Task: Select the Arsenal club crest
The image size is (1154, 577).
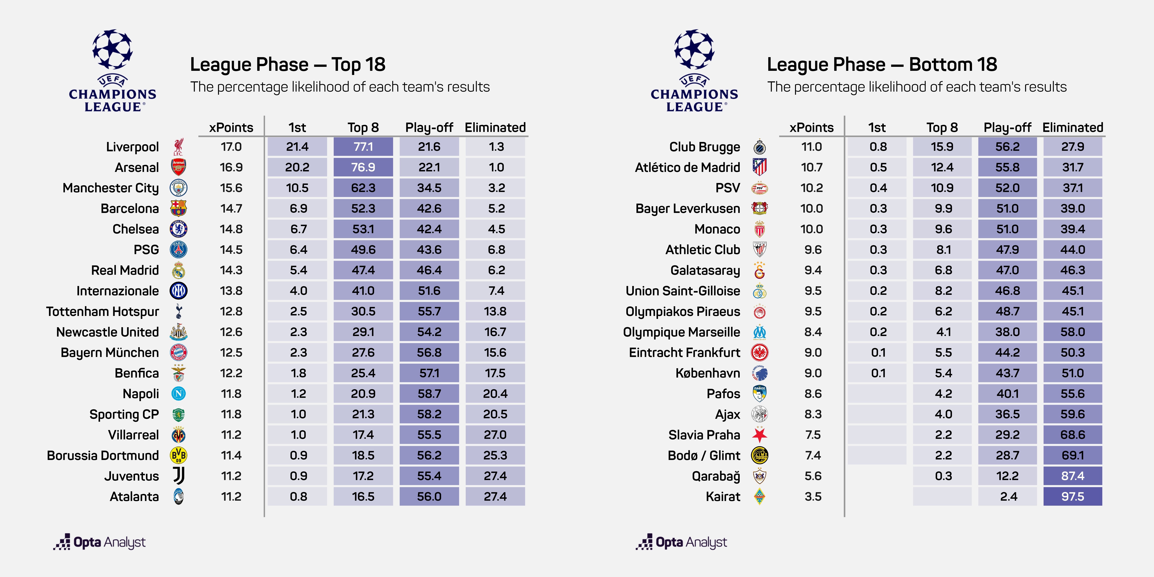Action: (x=178, y=167)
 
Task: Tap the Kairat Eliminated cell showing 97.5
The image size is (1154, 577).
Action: (x=1072, y=496)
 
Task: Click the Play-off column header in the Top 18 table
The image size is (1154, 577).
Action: (x=429, y=128)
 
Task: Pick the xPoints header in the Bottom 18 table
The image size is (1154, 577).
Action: (x=811, y=128)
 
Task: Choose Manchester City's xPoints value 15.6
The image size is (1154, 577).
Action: (x=231, y=188)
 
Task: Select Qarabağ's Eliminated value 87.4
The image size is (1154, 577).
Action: (x=1072, y=476)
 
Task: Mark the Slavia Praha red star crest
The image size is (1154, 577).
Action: (x=759, y=435)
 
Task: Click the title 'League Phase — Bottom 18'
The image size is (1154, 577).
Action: (x=882, y=65)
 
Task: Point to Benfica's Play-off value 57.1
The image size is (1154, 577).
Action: (x=429, y=373)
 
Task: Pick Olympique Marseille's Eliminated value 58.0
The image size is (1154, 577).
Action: (x=1072, y=332)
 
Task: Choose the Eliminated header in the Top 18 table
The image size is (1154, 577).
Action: (x=495, y=128)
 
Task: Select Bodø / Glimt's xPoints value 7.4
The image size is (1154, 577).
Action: (x=813, y=455)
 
